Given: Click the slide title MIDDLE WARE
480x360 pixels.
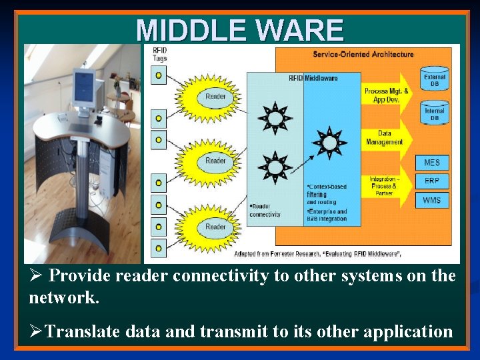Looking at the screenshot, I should [x=240, y=30].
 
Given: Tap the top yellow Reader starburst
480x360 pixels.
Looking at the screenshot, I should [x=215, y=97].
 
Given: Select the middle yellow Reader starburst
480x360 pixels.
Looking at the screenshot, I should [x=215, y=161].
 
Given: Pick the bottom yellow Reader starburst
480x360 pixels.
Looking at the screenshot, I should [x=215, y=227].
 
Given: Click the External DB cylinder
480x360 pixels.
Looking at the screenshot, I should [x=435, y=77].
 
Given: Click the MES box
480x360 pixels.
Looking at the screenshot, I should [x=432, y=163].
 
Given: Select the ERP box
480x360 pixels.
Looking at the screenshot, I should [x=432, y=181].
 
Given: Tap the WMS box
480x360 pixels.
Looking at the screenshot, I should [x=432, y=200].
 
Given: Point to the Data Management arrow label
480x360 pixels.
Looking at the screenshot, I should [x=385, y=138].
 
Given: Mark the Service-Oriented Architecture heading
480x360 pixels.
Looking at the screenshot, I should [x=363, y=54].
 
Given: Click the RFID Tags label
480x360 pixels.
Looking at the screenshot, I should [x=160, y=54].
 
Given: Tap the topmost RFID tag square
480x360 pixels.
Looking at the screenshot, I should [x=158, y=75].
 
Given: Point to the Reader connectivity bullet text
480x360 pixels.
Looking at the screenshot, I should [x=265, y=210].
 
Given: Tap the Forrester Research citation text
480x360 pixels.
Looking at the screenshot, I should [x=317, y=254].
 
